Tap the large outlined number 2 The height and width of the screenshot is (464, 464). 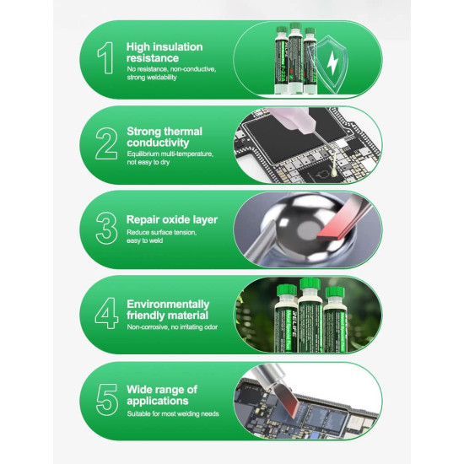(x=106, y=143)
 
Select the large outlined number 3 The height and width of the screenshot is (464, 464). (x=106, y=228)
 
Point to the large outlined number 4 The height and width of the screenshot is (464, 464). (x=106, y=313)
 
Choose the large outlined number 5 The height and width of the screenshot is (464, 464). (x=107, y=400)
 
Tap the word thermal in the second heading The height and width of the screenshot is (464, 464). (x=183, y=132)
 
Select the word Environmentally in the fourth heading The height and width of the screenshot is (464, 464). (x=168, y=305)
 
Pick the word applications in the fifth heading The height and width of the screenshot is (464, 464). (x=158, y=401)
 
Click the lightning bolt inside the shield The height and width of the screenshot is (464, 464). (x=332, y=63)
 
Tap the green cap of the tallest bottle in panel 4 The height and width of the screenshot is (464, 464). (x=310, y=284)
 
